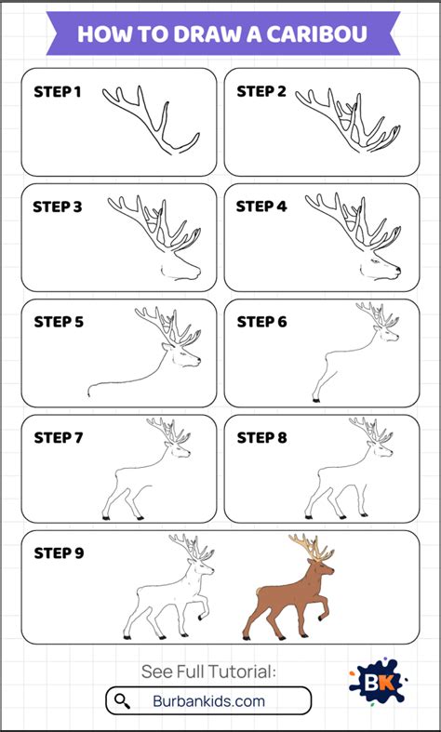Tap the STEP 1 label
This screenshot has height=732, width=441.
click(58, 92)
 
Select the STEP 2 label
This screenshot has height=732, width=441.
click(261, 91)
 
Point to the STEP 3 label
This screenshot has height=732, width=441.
click(58, 206)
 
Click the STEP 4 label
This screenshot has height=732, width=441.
click(261, 206)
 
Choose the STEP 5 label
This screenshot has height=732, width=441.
click(59, 322)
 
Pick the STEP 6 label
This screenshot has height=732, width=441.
click(261, 322)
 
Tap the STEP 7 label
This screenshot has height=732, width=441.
click(58, 438)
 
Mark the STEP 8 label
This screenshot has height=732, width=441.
click(261, 438)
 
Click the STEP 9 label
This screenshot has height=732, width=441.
click(59, 553)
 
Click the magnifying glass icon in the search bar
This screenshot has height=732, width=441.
click(123, 701)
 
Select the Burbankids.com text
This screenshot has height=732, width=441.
click(208, 701)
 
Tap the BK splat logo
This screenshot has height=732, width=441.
click(378, 681)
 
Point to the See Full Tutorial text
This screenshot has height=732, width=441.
click(208, 672)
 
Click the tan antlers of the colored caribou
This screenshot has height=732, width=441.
click(312, 547)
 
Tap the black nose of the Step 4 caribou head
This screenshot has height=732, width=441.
click(398, 270)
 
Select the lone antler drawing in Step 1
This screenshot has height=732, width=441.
click(151, 120)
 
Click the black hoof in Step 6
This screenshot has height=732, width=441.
click(316, 400)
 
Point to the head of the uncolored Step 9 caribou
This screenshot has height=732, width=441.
click(202, 567)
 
